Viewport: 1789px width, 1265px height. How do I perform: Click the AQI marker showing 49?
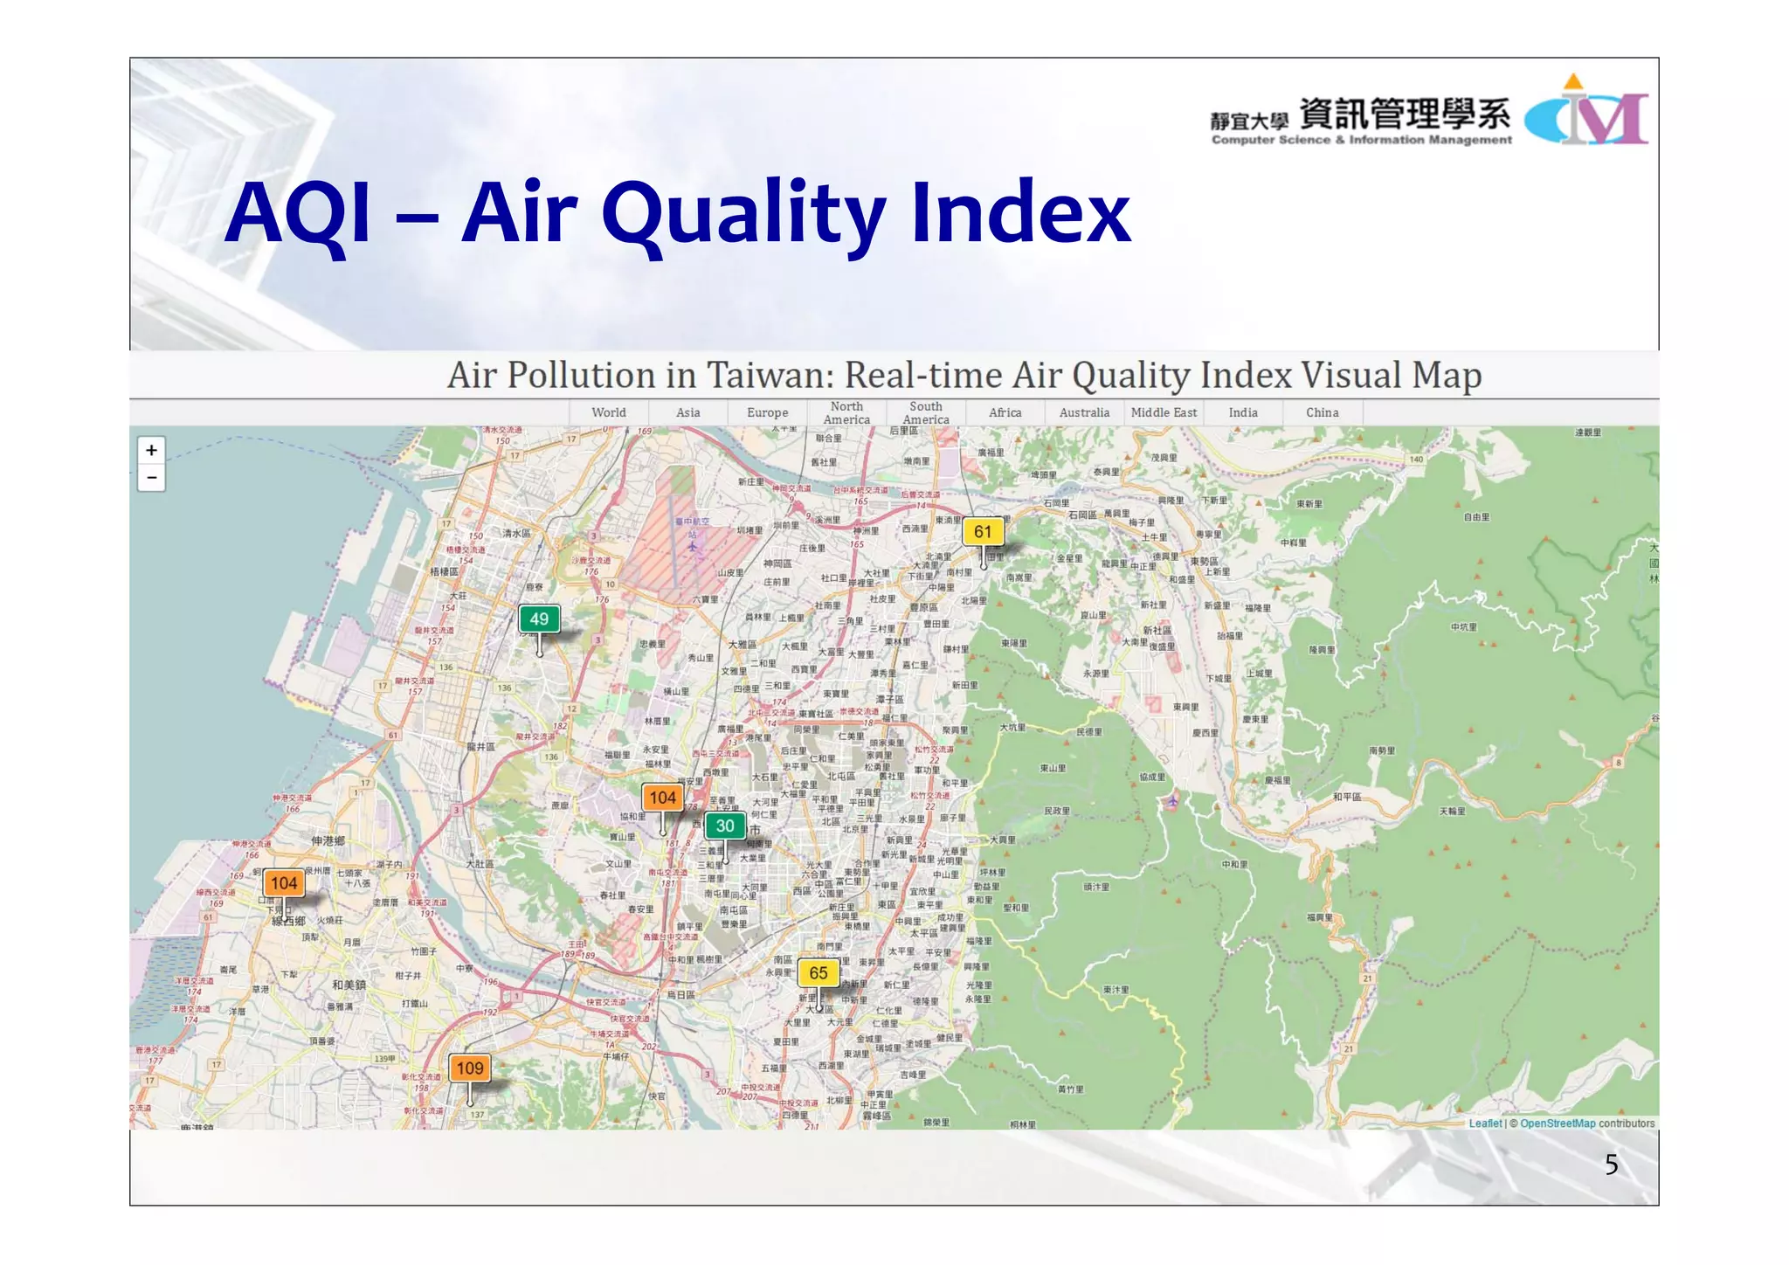point(539,619)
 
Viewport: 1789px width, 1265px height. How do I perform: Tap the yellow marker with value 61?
point(983,532)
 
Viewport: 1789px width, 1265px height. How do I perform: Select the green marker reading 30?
point(725,826)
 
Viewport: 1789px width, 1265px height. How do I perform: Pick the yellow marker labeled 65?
point(819,973)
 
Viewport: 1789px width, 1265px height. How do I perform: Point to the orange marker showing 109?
point(470,1068)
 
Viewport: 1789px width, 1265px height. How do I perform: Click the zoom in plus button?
point(152,451)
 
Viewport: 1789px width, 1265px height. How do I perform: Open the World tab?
point(609,413)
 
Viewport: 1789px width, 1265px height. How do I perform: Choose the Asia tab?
point(688,413)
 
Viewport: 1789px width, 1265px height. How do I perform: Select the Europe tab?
point(768,413)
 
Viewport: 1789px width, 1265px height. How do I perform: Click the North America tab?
point(846,413)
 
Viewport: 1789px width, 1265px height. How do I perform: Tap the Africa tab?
point(1005,413)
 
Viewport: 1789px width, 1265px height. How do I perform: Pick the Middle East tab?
point(1164,413)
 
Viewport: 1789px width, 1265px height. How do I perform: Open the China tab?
point(1323,413)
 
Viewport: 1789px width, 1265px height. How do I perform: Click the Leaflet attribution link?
point(1485,1123)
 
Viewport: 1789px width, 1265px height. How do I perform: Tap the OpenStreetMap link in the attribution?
point(1558,1123)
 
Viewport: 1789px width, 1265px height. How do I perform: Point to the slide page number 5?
point(1612,1165)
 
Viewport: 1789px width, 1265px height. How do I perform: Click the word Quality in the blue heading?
point(743,214)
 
